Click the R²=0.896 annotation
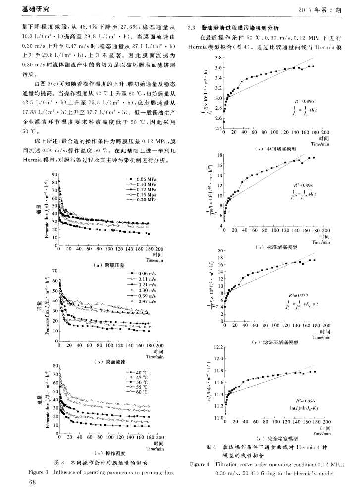[x=303, y=100]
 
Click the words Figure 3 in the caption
[x=38, y=472]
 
